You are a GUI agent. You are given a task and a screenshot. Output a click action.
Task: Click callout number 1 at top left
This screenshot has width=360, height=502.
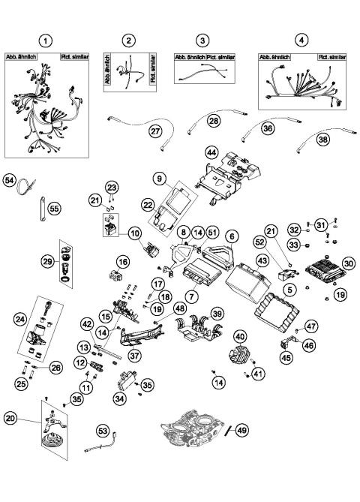point(46,40)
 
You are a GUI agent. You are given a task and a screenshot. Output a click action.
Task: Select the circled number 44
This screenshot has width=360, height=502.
point(211,152)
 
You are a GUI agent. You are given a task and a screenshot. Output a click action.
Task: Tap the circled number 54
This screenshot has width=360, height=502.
point(10,182)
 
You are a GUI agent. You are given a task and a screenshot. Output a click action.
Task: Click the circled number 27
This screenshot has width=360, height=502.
point(155,131)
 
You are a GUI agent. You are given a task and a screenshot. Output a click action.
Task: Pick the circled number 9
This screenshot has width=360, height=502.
point(159,179)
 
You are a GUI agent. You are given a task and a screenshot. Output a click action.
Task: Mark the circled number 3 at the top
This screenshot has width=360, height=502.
point(201,40)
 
